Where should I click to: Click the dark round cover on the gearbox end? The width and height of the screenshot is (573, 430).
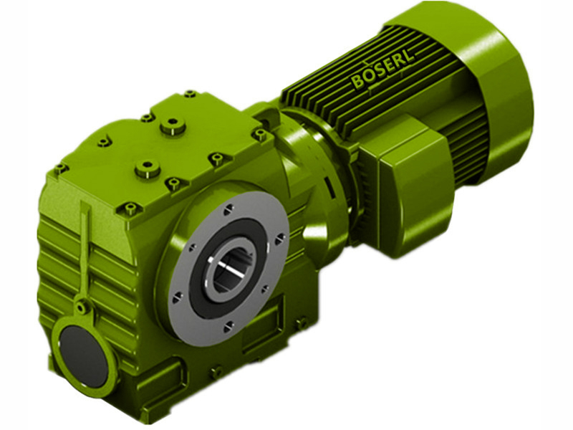(x=82, y=350)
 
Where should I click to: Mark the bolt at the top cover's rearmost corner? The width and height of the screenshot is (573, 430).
(x=190, y=94)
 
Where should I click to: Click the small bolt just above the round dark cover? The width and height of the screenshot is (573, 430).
(x=84, y=307)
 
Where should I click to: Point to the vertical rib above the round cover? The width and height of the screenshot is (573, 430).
(x=85, y=251)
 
